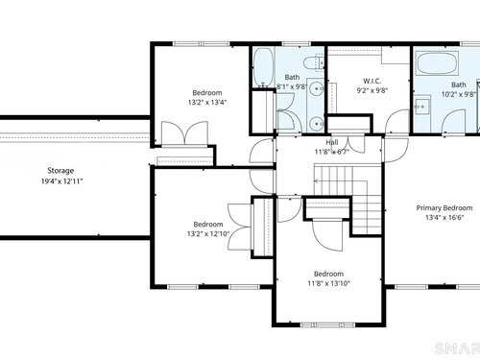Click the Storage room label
60,171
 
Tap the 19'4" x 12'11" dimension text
62,181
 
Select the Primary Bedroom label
444,208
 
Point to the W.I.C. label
372,81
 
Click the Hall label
332,142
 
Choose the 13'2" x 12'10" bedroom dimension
208,234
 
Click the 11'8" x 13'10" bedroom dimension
329,283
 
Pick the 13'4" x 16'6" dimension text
444,218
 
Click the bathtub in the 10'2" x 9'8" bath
437,63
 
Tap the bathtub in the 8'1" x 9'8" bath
264,67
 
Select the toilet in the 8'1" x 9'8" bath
313,63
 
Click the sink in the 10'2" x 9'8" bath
421,107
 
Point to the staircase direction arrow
340,181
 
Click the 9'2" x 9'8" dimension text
372,90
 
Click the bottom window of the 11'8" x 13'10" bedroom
328,325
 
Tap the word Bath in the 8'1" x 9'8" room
292,77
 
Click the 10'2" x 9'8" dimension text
459,94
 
